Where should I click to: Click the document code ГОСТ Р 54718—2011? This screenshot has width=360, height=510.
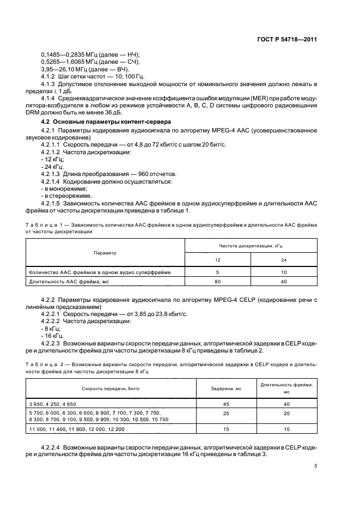[286, 40]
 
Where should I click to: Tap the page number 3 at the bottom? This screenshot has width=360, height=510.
[316, 465]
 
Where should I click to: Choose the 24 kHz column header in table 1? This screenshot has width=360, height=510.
[284, 260]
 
